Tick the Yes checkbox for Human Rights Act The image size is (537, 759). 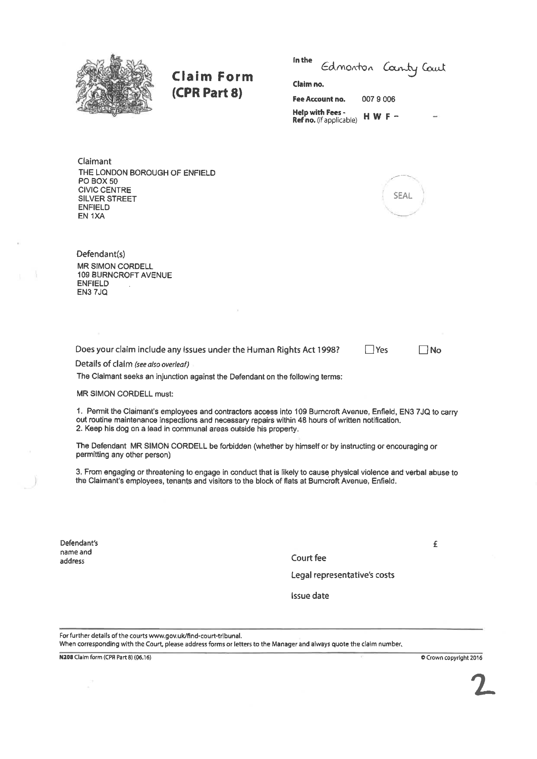coord(369,349)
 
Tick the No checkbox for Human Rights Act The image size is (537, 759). coord(423,350)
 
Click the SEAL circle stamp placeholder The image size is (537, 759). coord(403,196)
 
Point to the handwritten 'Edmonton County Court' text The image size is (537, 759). coord(383,68)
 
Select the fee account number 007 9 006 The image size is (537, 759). coord(378,99)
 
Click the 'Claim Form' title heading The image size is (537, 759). coord(212,76)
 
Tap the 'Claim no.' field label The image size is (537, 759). coord(308,84)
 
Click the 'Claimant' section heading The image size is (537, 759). coord(94,161)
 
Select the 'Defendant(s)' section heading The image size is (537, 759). coord(101,254)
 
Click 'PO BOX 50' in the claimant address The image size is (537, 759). coord(98,181)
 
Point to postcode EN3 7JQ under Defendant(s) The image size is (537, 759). coord(92,292)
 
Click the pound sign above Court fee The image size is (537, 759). coord(435,544)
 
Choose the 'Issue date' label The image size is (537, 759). coord(310,596)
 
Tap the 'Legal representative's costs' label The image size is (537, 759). coord(343,575)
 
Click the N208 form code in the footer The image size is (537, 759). coord(66,658)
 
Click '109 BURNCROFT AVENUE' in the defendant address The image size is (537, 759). coord(124,275)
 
